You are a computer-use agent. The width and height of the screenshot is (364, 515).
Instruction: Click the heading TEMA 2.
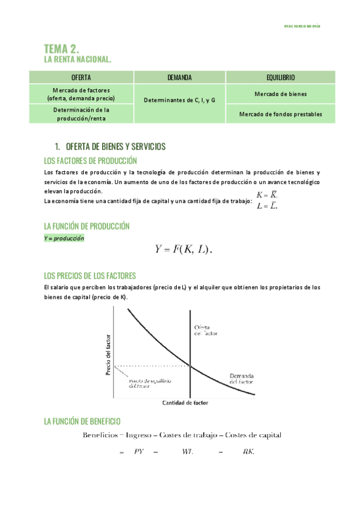pos(62,49)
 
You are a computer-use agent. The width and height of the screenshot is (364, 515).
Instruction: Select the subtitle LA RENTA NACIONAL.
pos(78,60)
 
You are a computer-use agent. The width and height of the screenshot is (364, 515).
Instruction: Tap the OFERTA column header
pos(81,78)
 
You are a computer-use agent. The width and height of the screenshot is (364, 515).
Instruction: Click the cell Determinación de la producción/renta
pos(81,114)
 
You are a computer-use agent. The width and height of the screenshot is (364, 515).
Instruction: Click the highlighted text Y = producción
pos(64,239)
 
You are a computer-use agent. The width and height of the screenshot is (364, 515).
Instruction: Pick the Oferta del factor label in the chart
pos(205,330)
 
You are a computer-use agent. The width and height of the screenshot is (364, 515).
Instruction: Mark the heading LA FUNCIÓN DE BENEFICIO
pos(83,421)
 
